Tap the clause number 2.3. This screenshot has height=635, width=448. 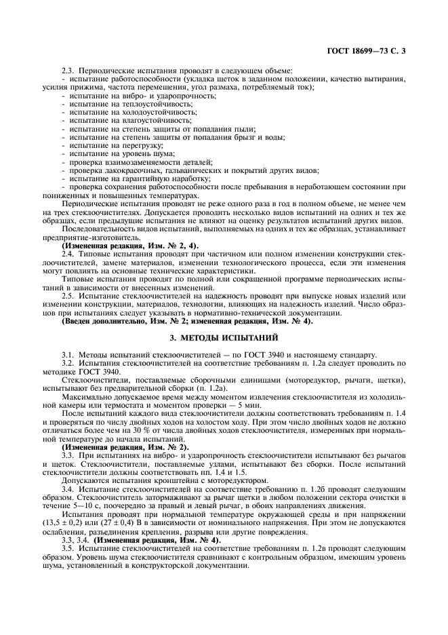coord(68,71)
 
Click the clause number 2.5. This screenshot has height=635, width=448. coord(68,296)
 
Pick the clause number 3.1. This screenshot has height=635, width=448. coord(68,355)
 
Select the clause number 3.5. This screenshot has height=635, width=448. coord(68,547)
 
